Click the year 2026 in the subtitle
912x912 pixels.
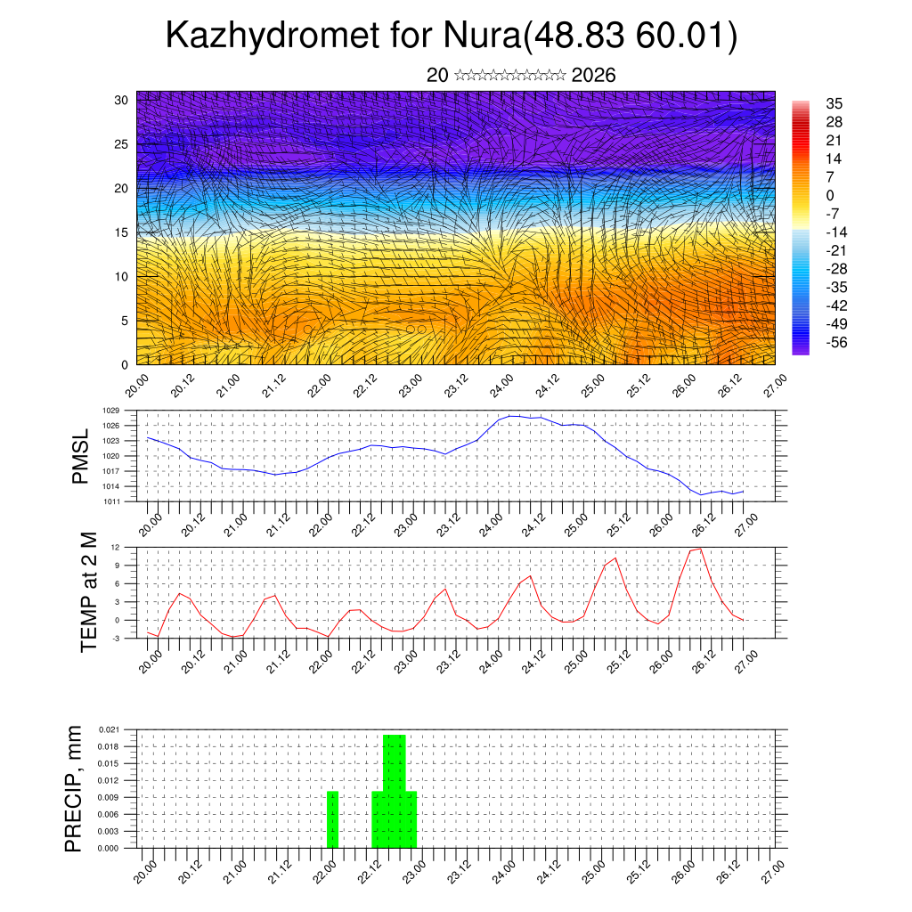click(x=593, y=75)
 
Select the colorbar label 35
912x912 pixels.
click(x=835, y=103)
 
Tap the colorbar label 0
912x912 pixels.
click(x=830, y=195)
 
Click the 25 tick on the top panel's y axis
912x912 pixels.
click(x=121, y=143)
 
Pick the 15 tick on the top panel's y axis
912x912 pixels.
click(x=121, y=232)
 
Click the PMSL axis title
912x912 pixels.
click(x=80, y=456)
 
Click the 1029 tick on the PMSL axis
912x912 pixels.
click(x=111, y=411)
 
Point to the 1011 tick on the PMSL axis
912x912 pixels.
click(x=111, y=501)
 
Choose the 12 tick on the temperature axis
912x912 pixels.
click(x=116, y=547)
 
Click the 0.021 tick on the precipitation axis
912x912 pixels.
click(x=110, y=729)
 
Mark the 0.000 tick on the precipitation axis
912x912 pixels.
click(x=110, y=849)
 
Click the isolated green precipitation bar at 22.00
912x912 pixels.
click(x=332, y=819)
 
